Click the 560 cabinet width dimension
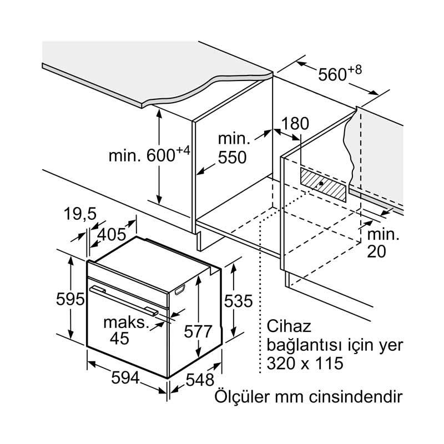[x=340, y=74]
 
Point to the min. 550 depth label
[x=231, y=148]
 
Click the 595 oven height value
[x=70, y=300]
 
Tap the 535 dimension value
[x=238, y=301]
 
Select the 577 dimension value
[x=198, y=331]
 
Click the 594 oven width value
[x=125, y=378]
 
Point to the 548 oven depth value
[x=199, y=380]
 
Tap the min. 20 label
[x=382, y=243]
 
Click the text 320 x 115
[x=305, y=364]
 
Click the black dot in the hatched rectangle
[x=321, y=184]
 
